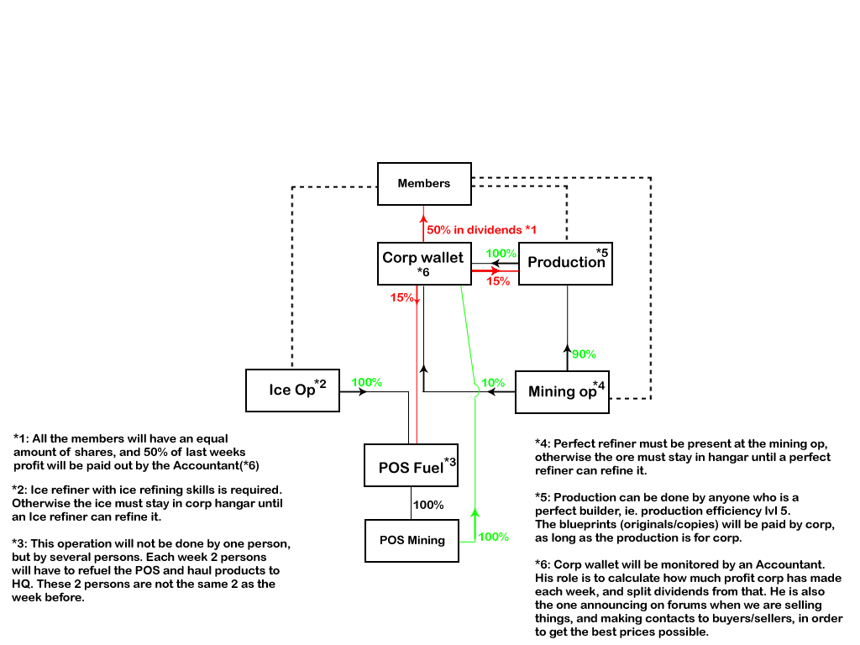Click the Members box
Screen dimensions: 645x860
click(424, 183)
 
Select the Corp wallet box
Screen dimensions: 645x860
click(422, 263)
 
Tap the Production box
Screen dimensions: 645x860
click(565, 263)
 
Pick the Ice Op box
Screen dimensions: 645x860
click(292, 391)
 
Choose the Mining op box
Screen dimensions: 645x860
click(561, 391)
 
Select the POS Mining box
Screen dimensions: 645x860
click(412, 541)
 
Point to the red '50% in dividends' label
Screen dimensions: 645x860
click(481, 229)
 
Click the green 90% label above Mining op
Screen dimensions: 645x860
click(585, 354)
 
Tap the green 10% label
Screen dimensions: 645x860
click(493, 383)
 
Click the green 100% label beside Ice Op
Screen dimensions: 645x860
click(366, 383)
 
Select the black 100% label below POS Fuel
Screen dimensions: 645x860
click(428, 505)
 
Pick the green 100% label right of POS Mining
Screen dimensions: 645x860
click(493, 537)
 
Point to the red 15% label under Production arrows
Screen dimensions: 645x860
click(498, 281)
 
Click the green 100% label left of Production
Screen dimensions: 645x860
click(501, 253)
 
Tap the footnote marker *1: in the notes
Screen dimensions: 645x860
click(24, 438)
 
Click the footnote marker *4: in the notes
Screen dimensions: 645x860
click(545, 443)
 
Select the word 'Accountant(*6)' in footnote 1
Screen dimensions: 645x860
click(219, 465)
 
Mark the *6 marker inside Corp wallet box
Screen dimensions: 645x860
click(423, 273)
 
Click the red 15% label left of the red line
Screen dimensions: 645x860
click(401, 296)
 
